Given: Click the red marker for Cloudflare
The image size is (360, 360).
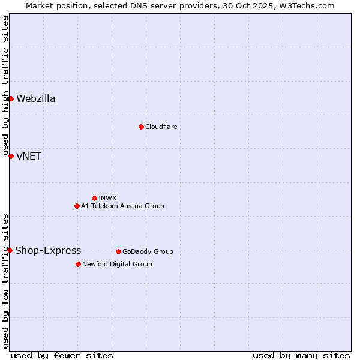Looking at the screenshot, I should [x=141, y=127].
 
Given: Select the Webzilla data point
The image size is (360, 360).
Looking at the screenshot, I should [x=11, y=98].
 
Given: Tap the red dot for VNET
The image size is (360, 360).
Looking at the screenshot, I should [x=11, y=156].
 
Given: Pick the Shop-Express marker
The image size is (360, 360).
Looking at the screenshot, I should [x=10, y=250].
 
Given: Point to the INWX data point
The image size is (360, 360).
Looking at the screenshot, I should [x=94, y=198].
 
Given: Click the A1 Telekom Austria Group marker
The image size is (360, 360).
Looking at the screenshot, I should [x=77, y=206].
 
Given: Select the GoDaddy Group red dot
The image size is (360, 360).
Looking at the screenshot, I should [x=118, y=251].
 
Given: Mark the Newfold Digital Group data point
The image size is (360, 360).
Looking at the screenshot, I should [x=78, y=264].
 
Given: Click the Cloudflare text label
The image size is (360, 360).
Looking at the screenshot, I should [x=161, y=127].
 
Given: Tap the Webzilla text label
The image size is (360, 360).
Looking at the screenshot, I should [x=36, y=99].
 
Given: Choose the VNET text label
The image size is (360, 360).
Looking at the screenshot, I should [x=29, y=157].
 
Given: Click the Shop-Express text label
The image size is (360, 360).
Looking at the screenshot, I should [x=48, y=251].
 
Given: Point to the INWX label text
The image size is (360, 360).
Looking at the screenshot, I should [x=107, y=198].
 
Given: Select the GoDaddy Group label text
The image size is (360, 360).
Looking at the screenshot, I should [x=148, y=251].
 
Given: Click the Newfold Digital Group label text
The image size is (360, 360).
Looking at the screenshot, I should [x=117, y=264].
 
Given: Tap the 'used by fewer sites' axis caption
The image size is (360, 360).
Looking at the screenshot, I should [x=62, y=355].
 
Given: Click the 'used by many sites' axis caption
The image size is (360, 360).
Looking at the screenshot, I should [x=301, y=355].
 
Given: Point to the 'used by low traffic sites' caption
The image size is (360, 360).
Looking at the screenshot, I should [x=5, y=281].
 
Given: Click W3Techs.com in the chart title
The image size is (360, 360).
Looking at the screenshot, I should [x=308, y=5].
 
